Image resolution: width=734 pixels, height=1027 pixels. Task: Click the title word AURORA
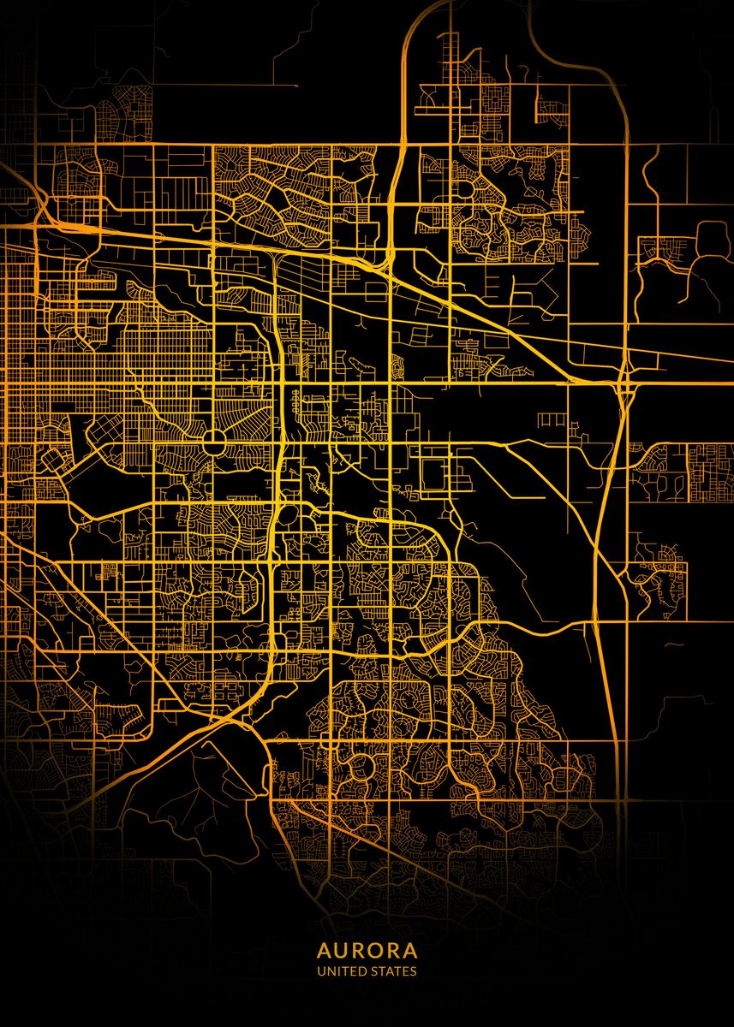tap(367, 951)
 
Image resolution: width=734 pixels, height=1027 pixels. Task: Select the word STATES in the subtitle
tap(393, 971)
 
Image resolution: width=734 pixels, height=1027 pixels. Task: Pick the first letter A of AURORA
tap(323, 951)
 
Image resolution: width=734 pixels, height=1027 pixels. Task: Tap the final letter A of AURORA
tap(411, 951)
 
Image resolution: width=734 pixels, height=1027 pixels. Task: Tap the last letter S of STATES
tap(414, 971)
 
